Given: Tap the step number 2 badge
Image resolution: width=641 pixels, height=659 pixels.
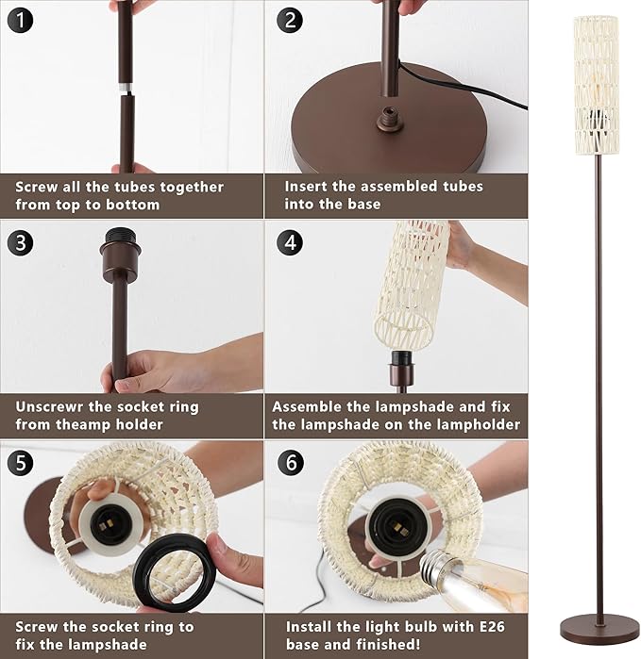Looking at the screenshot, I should click(x=290, y=22).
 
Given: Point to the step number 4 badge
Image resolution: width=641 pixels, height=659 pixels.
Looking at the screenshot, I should click(x=290, y=242).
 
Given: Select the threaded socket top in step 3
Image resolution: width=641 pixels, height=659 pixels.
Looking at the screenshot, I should click(x=119, y=256).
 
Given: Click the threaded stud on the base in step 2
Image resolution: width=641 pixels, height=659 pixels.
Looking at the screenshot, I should click(x=384, y=117).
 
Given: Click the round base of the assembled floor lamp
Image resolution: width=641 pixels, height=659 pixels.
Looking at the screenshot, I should click(x=599, y=625).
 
